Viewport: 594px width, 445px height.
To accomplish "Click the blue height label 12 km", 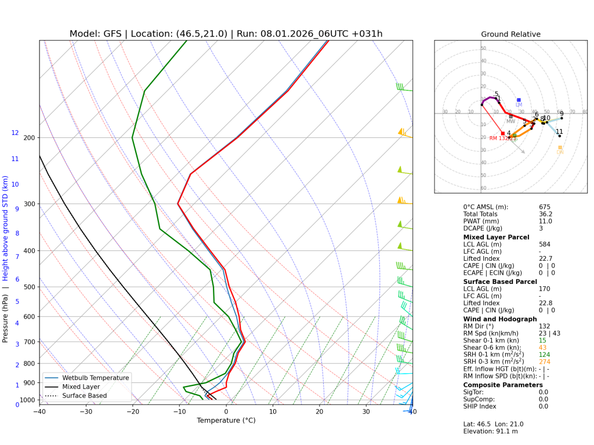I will coord(15,133).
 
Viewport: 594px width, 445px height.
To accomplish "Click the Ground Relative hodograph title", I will coord(510,34).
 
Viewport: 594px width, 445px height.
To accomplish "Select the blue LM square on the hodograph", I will coord(519,100).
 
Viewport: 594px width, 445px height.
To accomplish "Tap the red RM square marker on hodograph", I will coord(502,133).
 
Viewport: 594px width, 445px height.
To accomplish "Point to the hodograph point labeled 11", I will coord(559,136).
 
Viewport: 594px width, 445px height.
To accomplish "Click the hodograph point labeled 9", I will coord(562,118).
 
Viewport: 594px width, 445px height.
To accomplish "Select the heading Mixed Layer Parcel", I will coord(496,237).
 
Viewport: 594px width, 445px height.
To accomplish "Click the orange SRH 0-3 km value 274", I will coord(544,362).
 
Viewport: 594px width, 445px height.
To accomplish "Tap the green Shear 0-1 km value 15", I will coord(542,340).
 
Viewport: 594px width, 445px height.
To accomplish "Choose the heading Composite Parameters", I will coord(503,385).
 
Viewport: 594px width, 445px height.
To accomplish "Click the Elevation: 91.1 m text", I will coord(490,431).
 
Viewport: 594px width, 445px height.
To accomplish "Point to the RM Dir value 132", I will coord(544,326).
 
